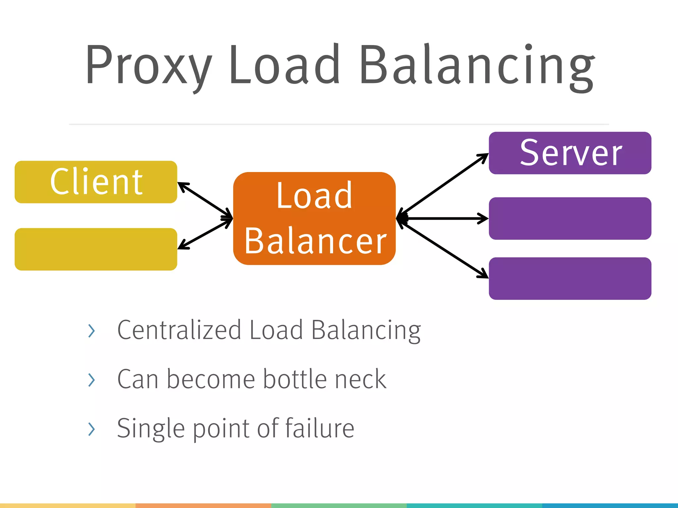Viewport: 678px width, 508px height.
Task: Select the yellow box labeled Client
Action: click(96, 182)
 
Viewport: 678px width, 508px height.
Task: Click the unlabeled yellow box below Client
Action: click(96, 249)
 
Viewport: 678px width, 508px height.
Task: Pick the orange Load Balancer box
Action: click(314, 218)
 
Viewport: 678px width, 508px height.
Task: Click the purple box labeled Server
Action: click(570, 153)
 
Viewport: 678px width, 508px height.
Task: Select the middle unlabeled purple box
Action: click(570, 218)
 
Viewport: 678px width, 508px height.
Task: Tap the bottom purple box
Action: click(570, 278)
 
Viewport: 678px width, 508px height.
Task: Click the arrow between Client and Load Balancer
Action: click(205, 200)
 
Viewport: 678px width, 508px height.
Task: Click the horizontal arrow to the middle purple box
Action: click(444, 218)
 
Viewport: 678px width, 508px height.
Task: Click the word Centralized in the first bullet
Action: click(179, 330)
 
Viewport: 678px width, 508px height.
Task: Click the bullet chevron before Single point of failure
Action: click(92, 429)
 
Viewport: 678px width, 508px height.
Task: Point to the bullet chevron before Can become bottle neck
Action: click(92, 380)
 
